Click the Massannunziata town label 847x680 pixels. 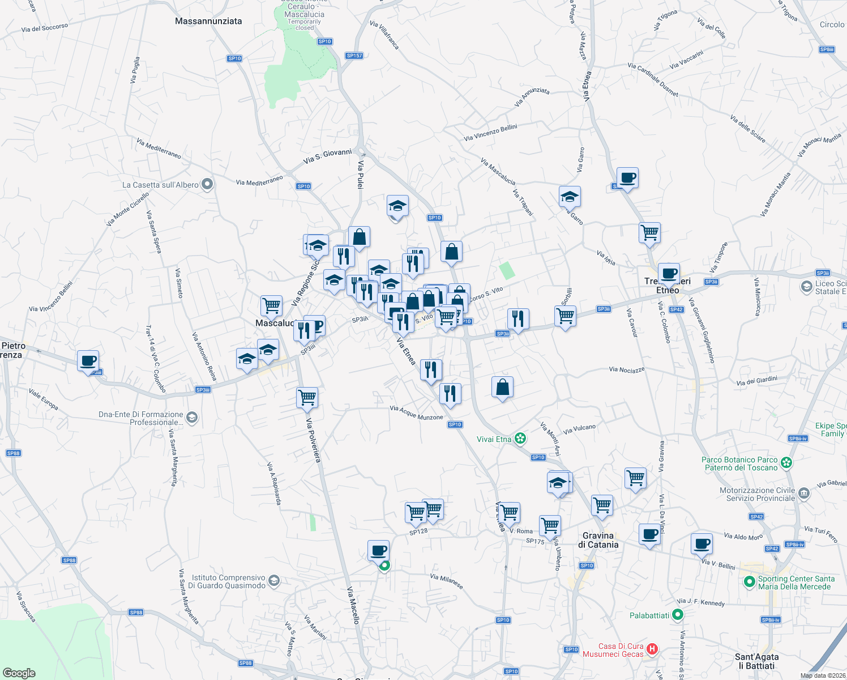(x=208, y=21)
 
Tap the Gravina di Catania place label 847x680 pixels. (x=598, y=540)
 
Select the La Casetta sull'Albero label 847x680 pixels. (x=160, y=185)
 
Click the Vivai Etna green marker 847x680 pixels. (x=521, y=439)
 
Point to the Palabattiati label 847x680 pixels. (x=649, y=615)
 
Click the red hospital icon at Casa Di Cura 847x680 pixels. (x=652, y=649)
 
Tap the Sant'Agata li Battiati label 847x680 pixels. (x=756, y=661)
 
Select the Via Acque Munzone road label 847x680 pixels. (x=416, y=413)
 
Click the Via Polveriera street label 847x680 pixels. (x=313, y=440)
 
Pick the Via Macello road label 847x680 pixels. (x=353, y=605)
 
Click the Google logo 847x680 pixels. (x=19, y=673)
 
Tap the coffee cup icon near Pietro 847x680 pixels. (x=88, y=360)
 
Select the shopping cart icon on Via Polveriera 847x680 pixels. (x=307, y=397)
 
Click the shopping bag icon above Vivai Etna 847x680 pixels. (x=502, y=388)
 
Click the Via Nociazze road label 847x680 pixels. (x=627, y=369)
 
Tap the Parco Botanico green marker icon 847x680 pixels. (x=786, y=463)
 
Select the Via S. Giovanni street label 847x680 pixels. (x=327, y=156)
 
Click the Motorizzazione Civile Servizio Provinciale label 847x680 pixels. (x=757, y=494)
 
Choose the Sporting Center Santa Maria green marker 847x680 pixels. (x=749, y=582)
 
